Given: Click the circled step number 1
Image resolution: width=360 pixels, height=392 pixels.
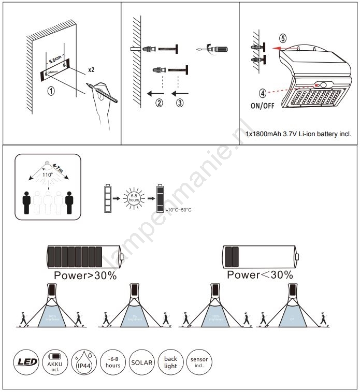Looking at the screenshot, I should (51, 91).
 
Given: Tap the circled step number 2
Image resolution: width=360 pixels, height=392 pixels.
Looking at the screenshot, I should (159, 103).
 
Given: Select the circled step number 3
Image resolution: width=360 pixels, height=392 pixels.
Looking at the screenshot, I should (179, 103).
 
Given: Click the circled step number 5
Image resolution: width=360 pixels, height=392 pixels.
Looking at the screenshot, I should (282, 38).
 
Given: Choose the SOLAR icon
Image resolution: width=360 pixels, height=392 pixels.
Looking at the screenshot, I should (142, 362).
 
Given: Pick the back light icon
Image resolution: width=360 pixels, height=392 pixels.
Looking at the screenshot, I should (170, 362).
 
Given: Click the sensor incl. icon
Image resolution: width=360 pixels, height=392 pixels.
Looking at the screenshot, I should (199, 362).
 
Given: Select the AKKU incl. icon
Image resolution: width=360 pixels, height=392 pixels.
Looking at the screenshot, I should (54, 362).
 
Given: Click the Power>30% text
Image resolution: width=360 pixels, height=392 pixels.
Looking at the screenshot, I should (85, 275).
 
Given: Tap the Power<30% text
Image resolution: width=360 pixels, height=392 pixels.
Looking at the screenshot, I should (260, 275).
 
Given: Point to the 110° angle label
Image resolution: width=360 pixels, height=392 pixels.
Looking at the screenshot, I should (47, 174).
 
